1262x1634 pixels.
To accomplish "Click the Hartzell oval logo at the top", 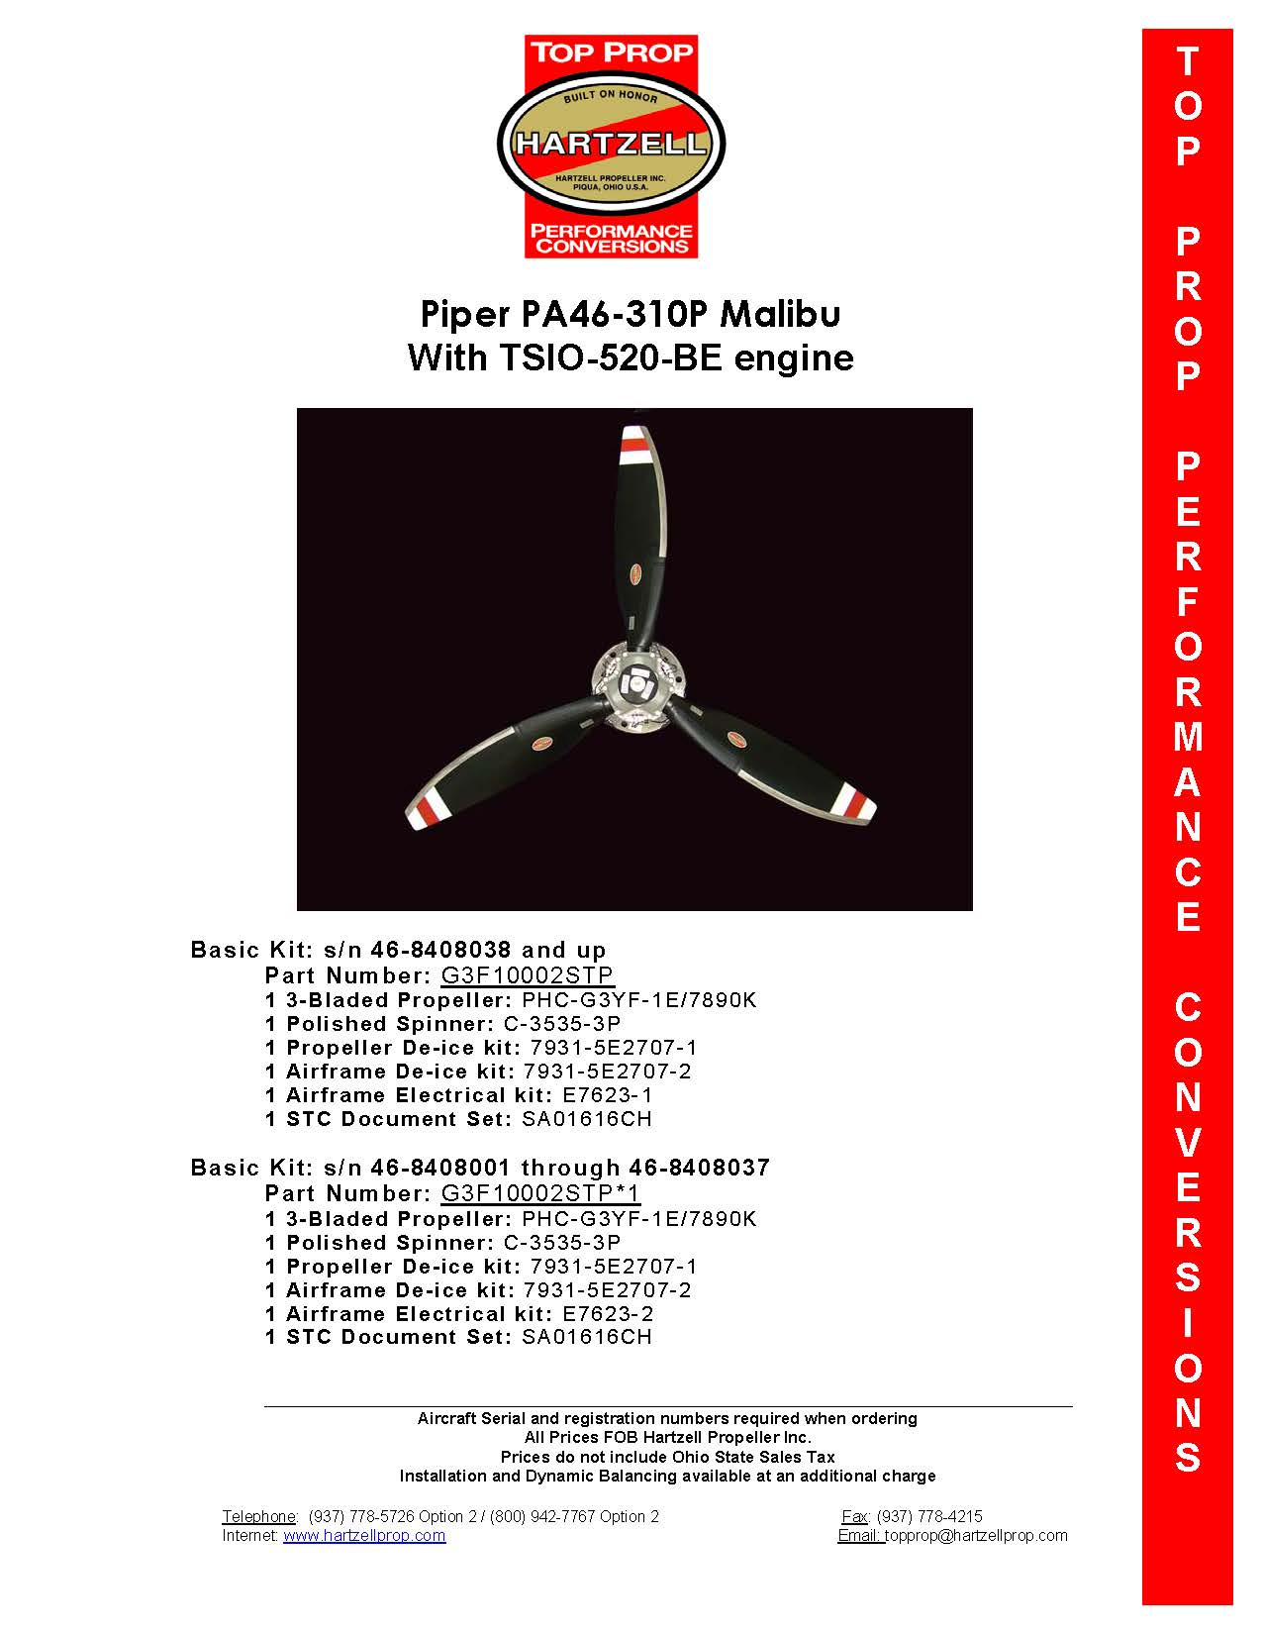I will pos(611,145).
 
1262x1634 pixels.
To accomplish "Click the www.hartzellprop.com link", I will pos(364,1536).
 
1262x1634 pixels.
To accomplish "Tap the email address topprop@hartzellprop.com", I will pos(976,1536).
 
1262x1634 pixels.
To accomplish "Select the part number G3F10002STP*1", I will pos(540,1193).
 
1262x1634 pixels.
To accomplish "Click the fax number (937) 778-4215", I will pos(929,1516).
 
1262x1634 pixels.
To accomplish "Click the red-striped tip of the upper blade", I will pos(633,446).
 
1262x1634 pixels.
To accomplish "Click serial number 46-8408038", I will pos(440,950).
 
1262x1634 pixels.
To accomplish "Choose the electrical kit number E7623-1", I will pos(608,1095).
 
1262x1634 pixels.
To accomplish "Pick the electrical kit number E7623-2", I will pos(608,1314).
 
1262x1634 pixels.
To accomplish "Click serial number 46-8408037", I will pos(699,1168).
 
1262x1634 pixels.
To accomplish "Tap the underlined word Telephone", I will pos(258,1516).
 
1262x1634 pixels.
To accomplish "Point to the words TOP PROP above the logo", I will pos(611,52).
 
